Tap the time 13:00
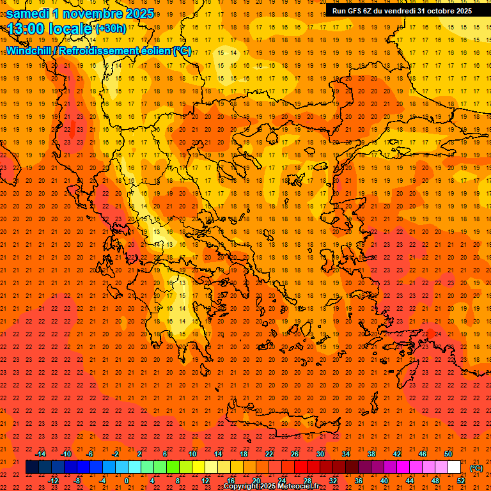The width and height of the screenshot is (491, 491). (29, 28)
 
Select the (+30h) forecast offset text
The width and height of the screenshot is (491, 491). (111, 29)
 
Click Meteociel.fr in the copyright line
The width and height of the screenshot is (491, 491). (299, 487)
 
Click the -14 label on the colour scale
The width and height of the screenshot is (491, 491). (41, 454)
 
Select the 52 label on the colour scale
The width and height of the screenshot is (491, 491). (461, 480)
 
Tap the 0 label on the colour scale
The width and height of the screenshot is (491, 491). (127, 480)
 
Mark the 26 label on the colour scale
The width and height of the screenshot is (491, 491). (294, 454)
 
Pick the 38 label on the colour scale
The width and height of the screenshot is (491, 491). (371, 454)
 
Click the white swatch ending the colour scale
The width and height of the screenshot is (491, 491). (455, 467)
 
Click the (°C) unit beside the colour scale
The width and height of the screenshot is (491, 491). (476, 468)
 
